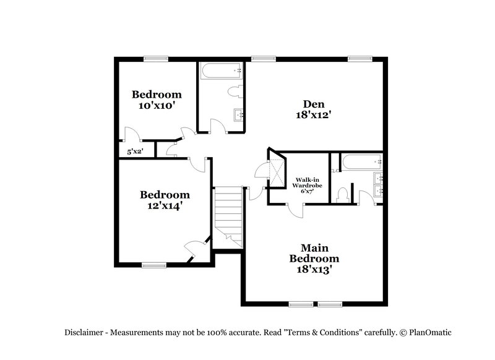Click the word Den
pos(314,104)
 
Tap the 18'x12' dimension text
pos(314,114)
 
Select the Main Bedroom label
pos(315,252)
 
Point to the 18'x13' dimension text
pos(315,269)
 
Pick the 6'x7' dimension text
pos(307,192)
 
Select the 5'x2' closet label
pos(134,151)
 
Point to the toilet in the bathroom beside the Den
pos(235,93)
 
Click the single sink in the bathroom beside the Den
pos(239,115)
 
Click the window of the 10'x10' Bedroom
pos(155,59)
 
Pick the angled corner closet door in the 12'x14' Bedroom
pos(195,251)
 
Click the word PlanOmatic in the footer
pos(429,332)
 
